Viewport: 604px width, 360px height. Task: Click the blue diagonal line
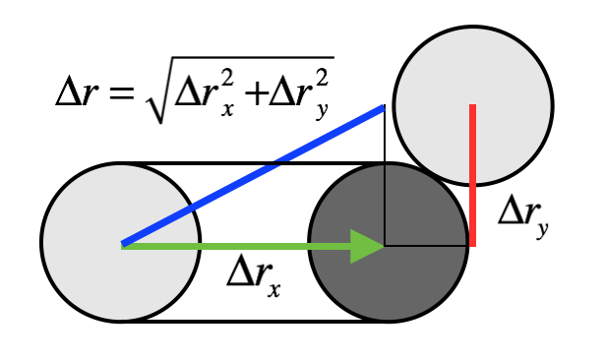pos(252,176)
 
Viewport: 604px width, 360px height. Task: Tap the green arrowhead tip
pos(384,245)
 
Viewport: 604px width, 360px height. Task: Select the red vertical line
pos(473,177)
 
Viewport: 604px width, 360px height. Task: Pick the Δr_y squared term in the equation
pos(300,93)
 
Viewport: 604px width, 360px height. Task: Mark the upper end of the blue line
pos(382,108)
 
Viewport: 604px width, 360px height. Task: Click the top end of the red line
pos(473,106)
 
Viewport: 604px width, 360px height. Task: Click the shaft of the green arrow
pos(236,245)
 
